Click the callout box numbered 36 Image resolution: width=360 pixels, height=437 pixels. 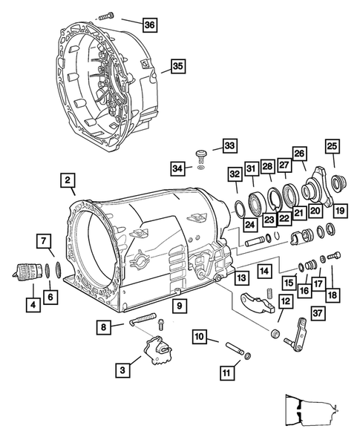pyautogui.click(x=149, y=25)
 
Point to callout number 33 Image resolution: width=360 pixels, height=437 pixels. pyautogui.click(x=229, y=145)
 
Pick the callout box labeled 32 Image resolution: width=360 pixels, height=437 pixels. pyautogui.click(x=235, y=176)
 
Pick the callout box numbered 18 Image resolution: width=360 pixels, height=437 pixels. pyautogui.click(x=331, y=294)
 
